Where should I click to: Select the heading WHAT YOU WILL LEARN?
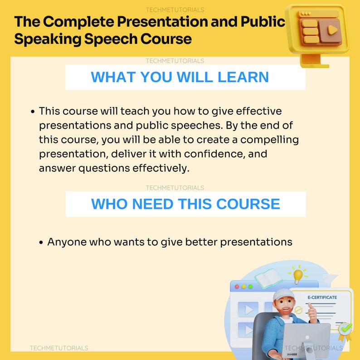click(x=180, y=77)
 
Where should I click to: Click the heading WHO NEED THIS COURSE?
click(x=185, y=204)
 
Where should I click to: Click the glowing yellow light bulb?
click(x=297, y=274)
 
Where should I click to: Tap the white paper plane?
click(x=330, y=277)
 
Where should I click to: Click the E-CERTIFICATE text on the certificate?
click(x=322, y=297)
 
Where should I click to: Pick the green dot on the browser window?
click(x=250, y=287)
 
